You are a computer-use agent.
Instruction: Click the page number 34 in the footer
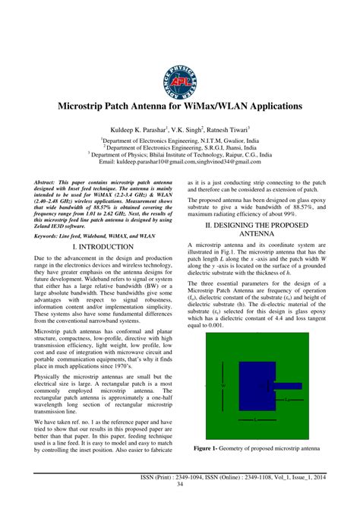(x=179, y=484)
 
